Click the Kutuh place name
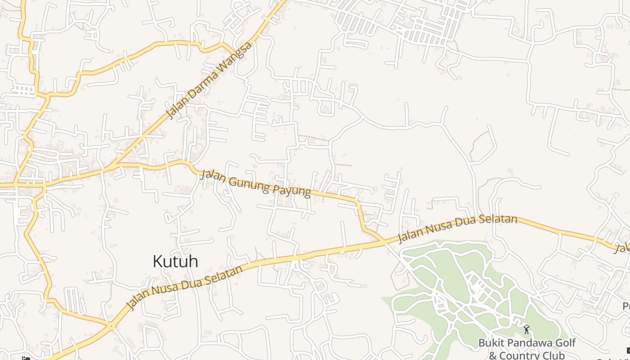[x=175, y=261]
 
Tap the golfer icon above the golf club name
[x=526, y=329]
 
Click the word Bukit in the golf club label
[x=490, y=343]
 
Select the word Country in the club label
[x=518, y=355]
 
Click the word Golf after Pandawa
[x=565, y=343]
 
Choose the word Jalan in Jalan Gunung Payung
[x=212, y=175]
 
